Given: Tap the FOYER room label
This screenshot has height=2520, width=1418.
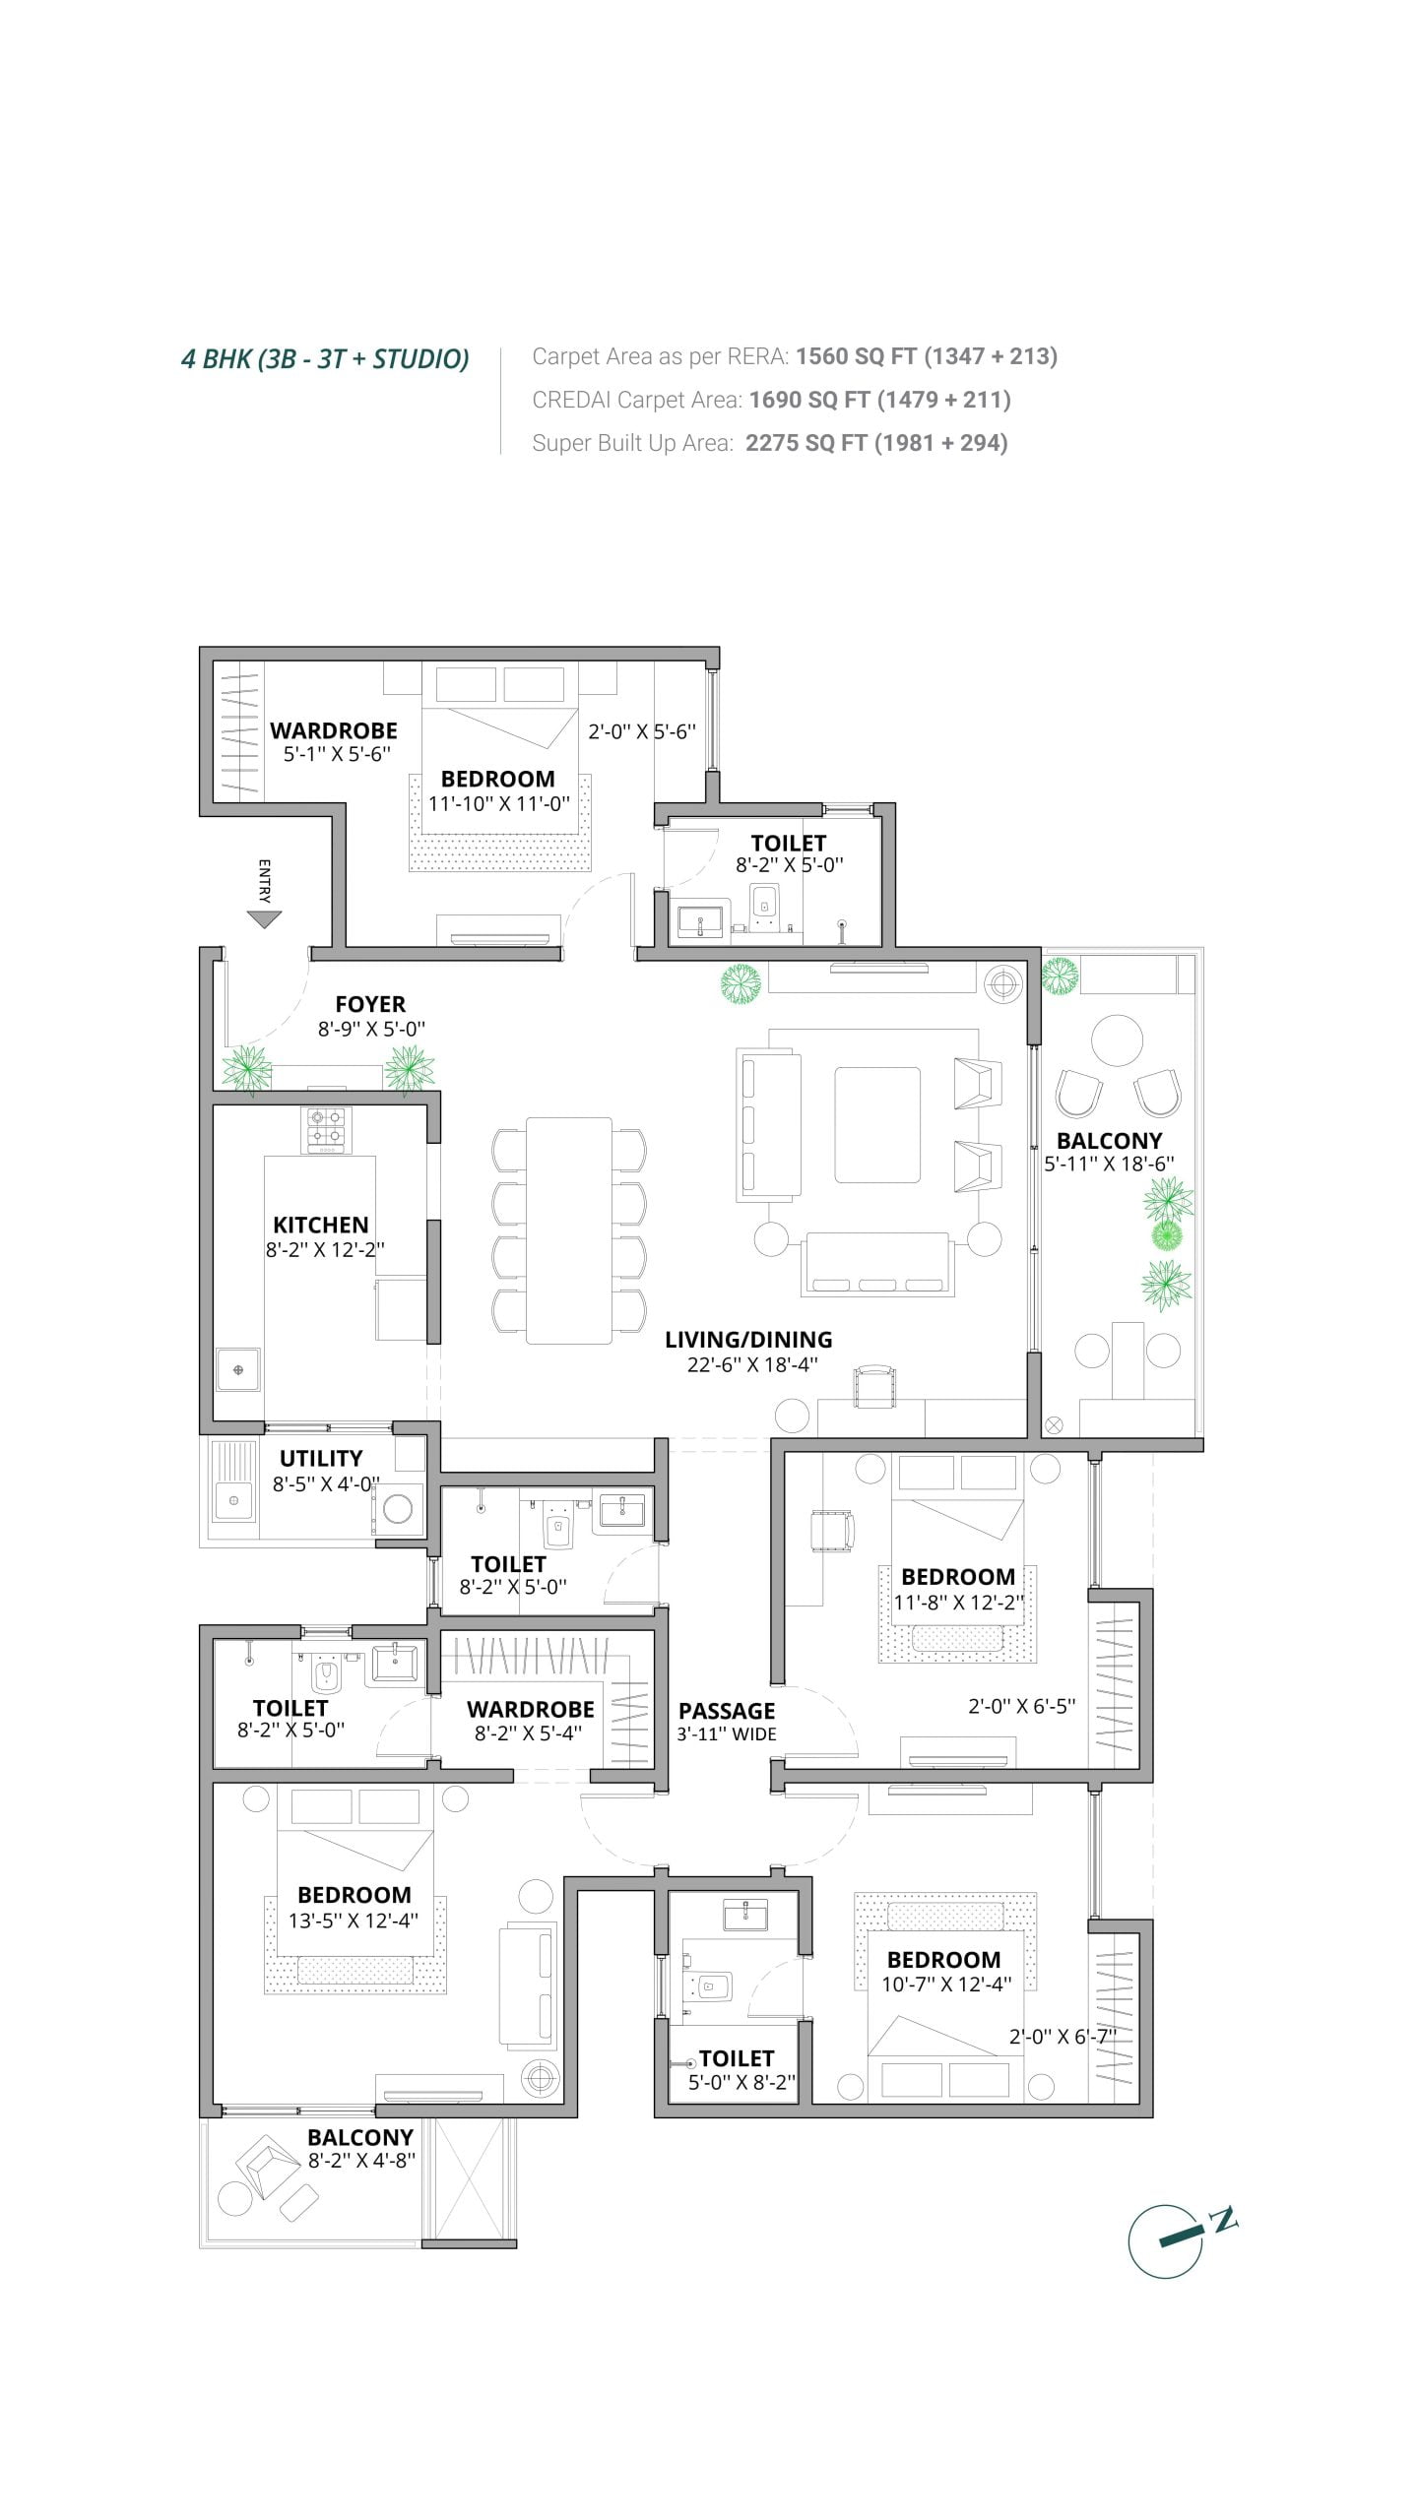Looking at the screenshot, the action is click(x=370, y=1004).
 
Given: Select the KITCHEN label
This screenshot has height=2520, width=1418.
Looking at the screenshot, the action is click(x=321, y=1225).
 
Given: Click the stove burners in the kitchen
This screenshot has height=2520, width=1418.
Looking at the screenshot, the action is click(x=326, y=1130).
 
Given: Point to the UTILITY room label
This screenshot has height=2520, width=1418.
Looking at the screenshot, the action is click(x=321, y=1458).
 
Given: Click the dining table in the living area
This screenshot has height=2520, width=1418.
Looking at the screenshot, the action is click(x=569, y=1230).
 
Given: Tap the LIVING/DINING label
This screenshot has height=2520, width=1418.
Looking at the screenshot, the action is click(x=748, y=1340).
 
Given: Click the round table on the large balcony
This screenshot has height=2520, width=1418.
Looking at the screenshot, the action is click(x=1117, y=1039).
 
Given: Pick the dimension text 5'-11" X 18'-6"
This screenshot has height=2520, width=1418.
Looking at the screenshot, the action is click(x=1109, y=1164).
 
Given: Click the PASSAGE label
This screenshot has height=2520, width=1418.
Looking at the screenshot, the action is click(x=727, y=1711).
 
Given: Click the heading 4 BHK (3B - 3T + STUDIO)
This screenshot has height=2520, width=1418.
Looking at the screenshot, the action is click(x=325, y=358).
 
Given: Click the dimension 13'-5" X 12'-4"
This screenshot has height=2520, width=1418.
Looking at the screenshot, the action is click(x=353, y=1921).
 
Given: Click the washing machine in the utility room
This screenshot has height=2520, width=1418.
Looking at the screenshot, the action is click(x=398, y=1508).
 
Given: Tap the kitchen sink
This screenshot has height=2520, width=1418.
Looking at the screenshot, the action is click(x=238, y=1369).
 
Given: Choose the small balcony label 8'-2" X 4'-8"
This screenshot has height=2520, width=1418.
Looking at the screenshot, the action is click(x=361, y=2161).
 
